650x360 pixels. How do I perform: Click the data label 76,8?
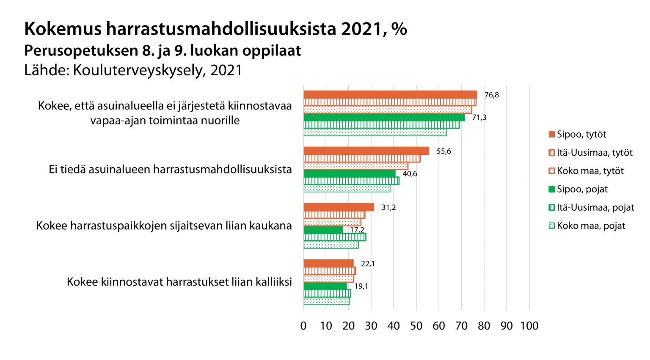coord(491,95)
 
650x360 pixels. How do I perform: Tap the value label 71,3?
coord(479,118)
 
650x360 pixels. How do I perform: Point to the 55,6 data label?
coord(443,151)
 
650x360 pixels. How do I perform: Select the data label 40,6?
coord(410,174)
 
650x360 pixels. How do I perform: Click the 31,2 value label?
coord(388,208)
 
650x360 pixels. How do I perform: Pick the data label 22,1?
coord(368,264)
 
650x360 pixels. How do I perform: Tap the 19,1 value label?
coord(361,286)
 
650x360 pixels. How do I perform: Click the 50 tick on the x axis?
coord(416,326)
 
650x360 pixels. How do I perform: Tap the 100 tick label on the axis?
coord(529,326)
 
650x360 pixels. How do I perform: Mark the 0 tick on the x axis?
coord(303,326)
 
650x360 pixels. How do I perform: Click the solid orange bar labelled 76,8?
coord(390,95)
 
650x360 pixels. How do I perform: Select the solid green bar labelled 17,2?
coord(323,230)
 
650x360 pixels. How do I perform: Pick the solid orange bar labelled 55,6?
coord(366,151)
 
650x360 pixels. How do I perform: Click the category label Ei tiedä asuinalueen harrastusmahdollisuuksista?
coord(170,170)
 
